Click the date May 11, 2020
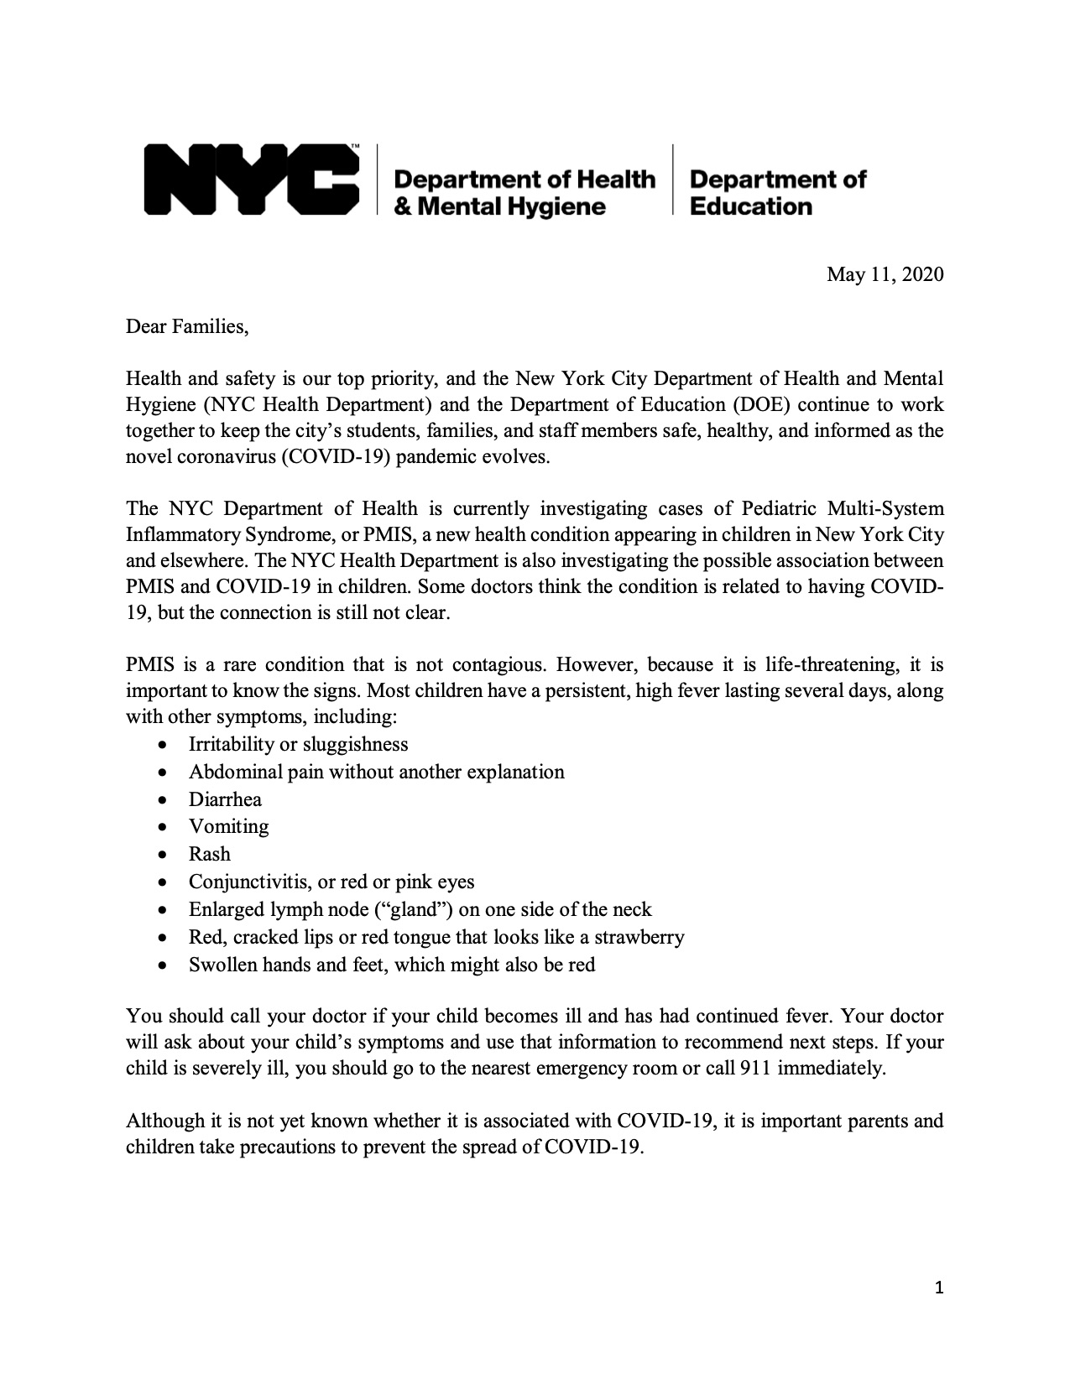(x=885, y=274)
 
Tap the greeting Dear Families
(x=187, y=326)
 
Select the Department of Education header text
(x=777, y=192)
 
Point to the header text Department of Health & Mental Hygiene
(x=524, y=192)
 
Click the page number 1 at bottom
(x=939, y=1288)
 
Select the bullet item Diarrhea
(x=225, y=799)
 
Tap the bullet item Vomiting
(x=228, y=826)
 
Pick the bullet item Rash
(x=209, y=854)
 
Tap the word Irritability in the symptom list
(x=232, y=744)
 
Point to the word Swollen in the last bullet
(x=222, y=965)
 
